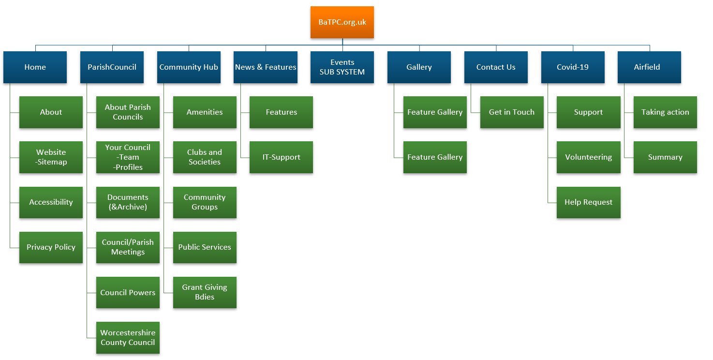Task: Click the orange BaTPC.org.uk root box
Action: pyautogui.click(x=342, y=22)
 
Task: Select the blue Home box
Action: pyautogui.click(x=35, y=67)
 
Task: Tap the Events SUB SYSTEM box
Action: pyautogui.click(x=342, y=67)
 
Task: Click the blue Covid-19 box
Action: pyautogui.click(x=573, y=67)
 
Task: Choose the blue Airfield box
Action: pyautogui.click(x=649, y=67)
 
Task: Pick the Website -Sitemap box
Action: pyautogui.click(x=51, y=157)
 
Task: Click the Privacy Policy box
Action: pyautogui.click(x=51, y=247)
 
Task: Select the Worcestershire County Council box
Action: pyautogui.click(x=128, y=338)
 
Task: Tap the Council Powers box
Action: pyautogui.click(x=128, y=293)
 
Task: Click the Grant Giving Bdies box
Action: pyautogui.click(x=205, y=293)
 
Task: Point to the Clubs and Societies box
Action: pyautogui.click(x=205, y=157)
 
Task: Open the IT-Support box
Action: pyautogui.click(x=281, y=157)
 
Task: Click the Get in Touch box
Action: pyautogui.click(x=512, y=112)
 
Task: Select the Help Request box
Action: pyautogui.click(x=588, y=202)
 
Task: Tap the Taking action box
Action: pyautogui.click(x=665, y=112)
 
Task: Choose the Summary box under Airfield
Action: pyautogui.click(x=665, y=157)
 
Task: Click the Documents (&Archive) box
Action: pyautogui.click(x=128, y=202)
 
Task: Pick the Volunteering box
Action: pyautogui.click(x=588, y=157)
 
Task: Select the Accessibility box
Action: pyautogui.click(x=51, y=202)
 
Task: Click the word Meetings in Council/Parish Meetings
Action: pyautogui.click(x=128, y=252)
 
